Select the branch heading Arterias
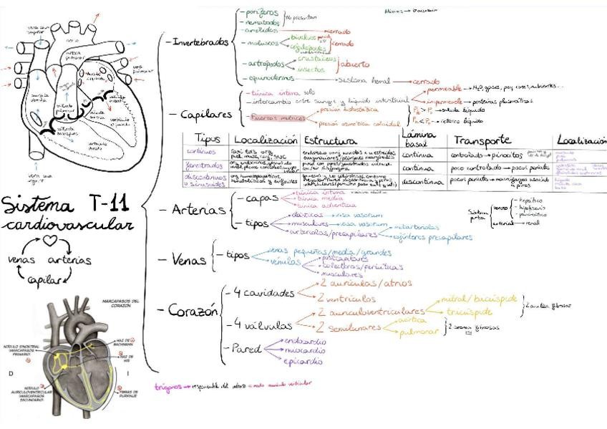[x=193, y=210]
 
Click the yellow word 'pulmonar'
[x=397, y=333]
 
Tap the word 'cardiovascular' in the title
[x=67, y=225]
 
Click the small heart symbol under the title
[x=50, y=241]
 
